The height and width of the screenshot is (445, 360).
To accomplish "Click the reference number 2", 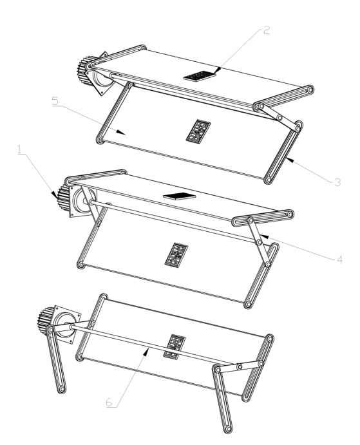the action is (x=267, y=30).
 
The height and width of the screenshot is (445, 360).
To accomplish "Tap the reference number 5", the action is (x=55, y=101).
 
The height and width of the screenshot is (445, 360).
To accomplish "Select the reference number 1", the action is (x=19, y=149).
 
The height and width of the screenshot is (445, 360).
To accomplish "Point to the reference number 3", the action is (x=337, y=182).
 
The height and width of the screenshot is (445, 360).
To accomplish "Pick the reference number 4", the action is (x=339, y=260).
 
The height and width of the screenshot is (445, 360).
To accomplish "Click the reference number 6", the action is (x=109, y=402).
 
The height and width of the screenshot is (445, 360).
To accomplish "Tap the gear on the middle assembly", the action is (x=63, y=198).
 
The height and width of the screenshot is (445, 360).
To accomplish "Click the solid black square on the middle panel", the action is (x=180, y=196).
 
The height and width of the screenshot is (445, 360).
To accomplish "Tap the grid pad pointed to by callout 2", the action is (x=200, y=76).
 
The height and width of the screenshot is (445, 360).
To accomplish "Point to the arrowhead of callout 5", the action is (x=122, y=133).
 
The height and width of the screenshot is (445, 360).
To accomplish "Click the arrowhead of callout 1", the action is (x=54, y=194).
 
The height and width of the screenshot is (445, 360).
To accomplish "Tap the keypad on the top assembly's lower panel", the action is (x=198, y=131).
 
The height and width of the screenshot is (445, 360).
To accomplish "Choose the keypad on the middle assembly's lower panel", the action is (x=176, y=255).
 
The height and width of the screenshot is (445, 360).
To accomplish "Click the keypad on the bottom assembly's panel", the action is (x=175, y=347).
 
